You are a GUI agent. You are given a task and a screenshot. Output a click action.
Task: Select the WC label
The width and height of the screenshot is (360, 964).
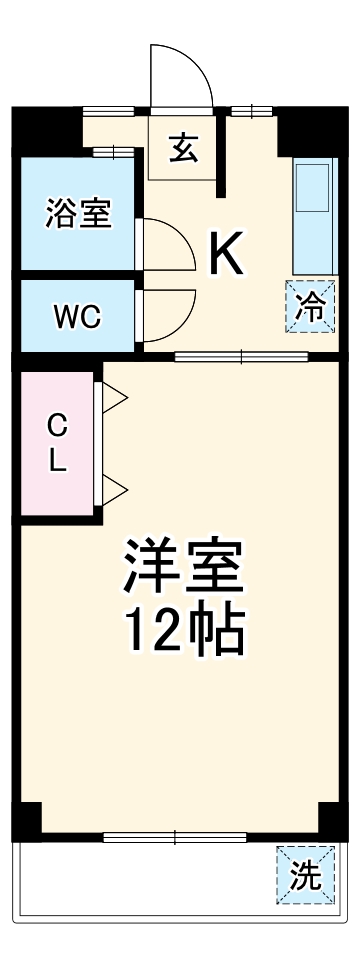coord(77,317)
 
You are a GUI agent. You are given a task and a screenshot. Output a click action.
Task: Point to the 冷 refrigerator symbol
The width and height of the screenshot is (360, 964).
coord(310,306)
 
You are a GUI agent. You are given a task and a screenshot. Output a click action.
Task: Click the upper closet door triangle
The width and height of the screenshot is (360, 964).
coord(113,398)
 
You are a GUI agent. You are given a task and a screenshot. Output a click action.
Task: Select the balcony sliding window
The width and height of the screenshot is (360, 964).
coord(174,836)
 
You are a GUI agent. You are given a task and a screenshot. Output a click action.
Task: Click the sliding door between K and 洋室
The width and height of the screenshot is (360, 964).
coord(240,356)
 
